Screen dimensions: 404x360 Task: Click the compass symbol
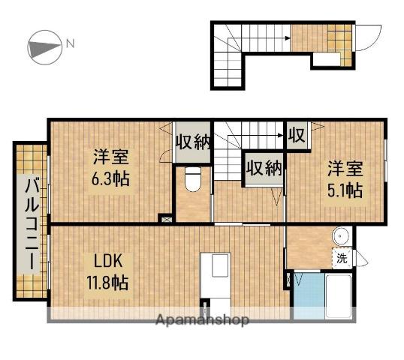tap(45, 47)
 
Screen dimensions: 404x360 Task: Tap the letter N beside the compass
tap(70, 43)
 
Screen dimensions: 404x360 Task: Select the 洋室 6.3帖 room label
tap(111, 167)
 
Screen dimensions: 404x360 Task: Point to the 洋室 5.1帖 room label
tap(345, 179)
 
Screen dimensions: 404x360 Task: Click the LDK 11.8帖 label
tap(107, 271)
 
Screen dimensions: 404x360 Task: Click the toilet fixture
tap(193, 179)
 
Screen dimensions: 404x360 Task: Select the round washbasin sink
tap(340, 236)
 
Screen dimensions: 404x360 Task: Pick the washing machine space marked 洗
tap(342, 258)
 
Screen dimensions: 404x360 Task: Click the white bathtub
tap(339, 296)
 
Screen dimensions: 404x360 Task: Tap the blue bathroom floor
tap(309, 296)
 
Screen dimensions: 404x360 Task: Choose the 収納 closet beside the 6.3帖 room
tap(192, 142)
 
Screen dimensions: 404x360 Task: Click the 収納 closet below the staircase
tap(264, 169)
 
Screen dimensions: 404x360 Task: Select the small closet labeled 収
tap(297, 135)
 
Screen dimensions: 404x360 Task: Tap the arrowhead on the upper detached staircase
tap(288, 38)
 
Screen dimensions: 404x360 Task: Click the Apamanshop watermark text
tap(202, 319)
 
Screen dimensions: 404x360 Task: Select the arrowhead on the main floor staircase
tap(281, 135)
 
